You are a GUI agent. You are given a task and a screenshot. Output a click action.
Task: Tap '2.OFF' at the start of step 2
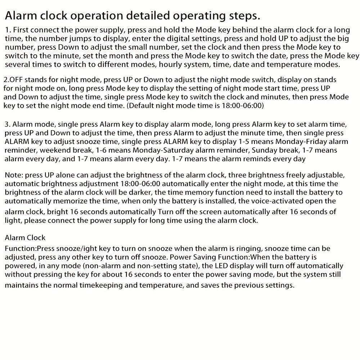(x=14, y=80)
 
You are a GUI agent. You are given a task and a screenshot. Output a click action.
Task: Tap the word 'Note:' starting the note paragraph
(x=13, y=175)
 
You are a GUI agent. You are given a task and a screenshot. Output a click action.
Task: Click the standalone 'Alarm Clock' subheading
(x=25, y=238)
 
